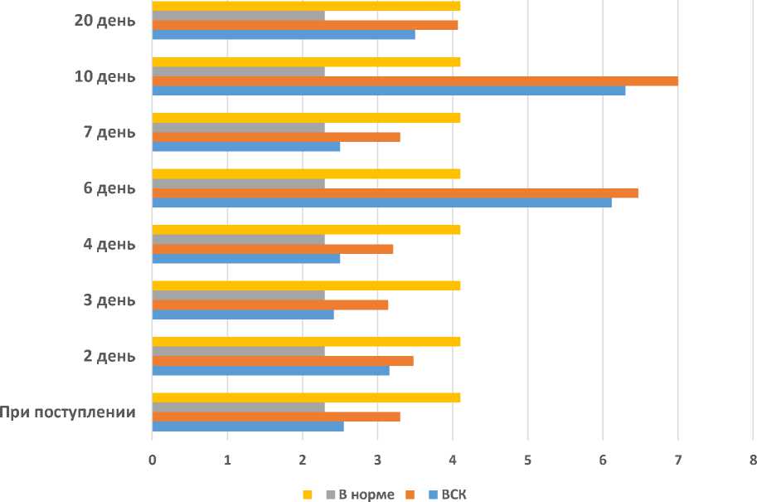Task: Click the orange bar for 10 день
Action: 415,80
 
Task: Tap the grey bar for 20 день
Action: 238,15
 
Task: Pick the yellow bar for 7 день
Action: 306,118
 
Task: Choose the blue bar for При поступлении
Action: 248,426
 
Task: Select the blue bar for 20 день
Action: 284,35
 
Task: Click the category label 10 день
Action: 104,76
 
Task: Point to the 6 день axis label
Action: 109,188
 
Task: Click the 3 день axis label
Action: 109,300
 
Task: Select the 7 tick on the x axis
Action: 677,459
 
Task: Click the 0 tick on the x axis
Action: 153,459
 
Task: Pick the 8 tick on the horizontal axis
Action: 753,459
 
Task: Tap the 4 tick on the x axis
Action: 452,459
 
